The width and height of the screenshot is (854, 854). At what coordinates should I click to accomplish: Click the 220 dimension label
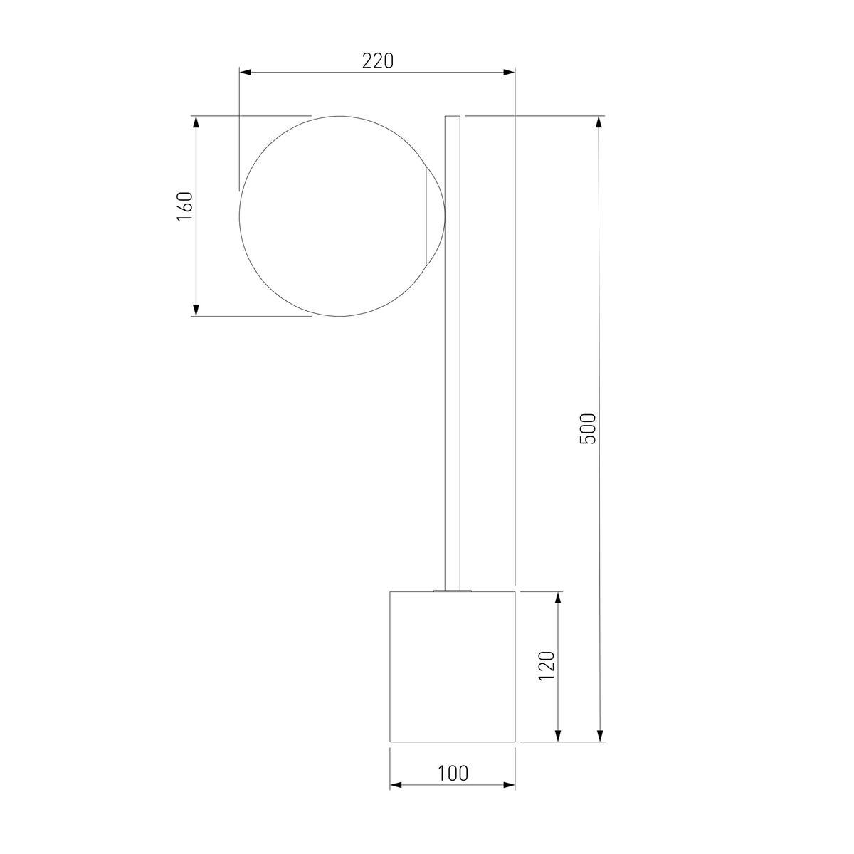click(x=378, y=60)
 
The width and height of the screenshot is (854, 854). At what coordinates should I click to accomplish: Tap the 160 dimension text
click(x=185, y=206)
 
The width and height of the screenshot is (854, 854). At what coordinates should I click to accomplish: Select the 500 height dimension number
click(x=589, y=428)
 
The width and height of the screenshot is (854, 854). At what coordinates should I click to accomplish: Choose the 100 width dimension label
click(x=453, y=774)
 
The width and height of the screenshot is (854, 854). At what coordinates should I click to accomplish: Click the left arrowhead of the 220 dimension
click(x=246, y=73)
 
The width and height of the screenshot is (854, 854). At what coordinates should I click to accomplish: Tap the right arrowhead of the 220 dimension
click(x=509, y=73)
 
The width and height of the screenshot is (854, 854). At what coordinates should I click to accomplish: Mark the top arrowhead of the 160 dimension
click(x=196, y=122)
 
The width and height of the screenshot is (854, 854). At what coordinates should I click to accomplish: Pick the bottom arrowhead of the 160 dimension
click(x=196, y=310)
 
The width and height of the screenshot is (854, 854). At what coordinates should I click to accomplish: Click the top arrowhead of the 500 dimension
click(x=600, y=122)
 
